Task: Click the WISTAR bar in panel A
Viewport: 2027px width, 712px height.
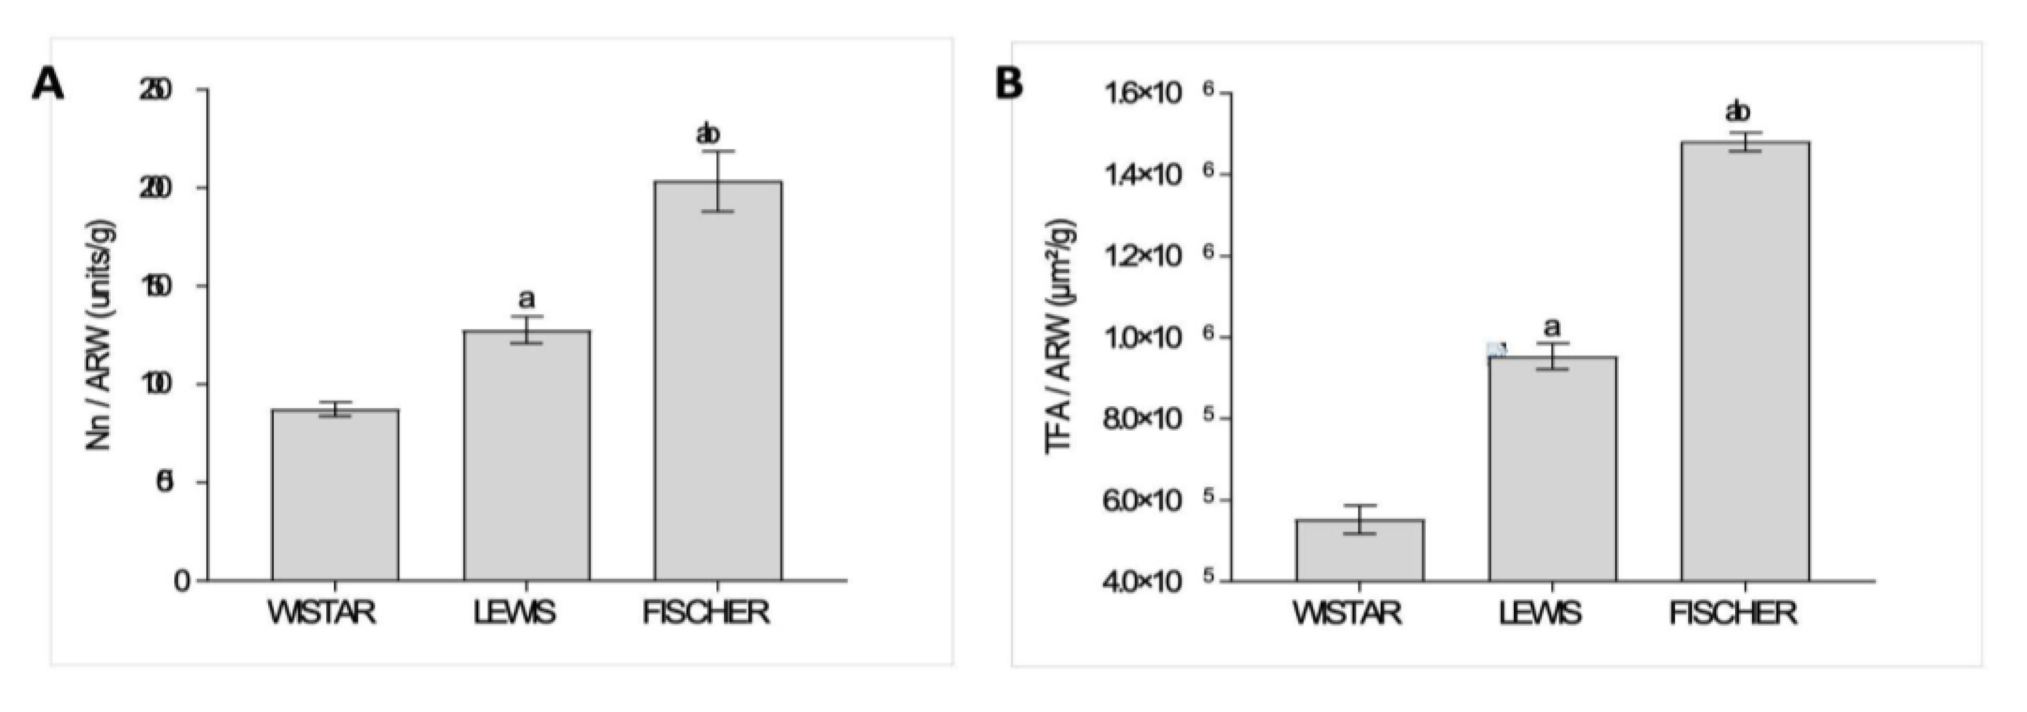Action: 335,496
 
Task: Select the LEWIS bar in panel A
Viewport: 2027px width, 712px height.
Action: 526,456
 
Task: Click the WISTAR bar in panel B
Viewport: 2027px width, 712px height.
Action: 1359,551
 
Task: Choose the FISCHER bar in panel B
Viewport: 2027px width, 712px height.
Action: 1745,362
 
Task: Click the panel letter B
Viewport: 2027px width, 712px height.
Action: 1009,83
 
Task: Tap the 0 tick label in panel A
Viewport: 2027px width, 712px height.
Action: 182,581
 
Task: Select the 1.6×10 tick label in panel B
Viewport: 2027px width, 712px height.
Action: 1143,94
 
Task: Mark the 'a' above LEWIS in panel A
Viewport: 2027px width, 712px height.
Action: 526,299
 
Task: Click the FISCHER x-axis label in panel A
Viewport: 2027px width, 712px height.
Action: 706,613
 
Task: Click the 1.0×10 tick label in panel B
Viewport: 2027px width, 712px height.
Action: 1143,339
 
